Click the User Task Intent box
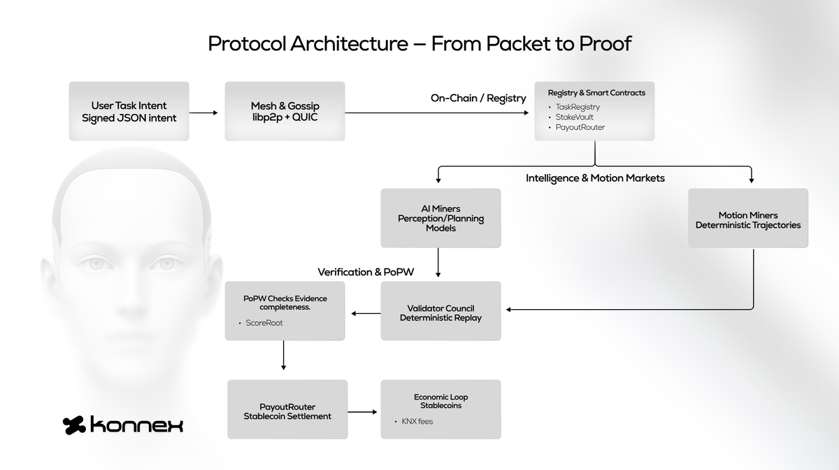[x=129, y=111]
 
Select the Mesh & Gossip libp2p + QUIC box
[x=285, y=111]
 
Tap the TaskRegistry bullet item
[x=578, y=107]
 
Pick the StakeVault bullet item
[x=575, y=117]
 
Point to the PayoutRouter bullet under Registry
[x=580, y=127]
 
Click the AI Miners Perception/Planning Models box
[x=440, y=218]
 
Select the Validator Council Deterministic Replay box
[x=440, y=312]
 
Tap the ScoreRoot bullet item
[x=264, y=323]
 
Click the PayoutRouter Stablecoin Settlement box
[x=287, y=411]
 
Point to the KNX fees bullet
[x=417, y=421]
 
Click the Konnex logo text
[x=136, y=425]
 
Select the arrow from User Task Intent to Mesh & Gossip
[x=203, y=112]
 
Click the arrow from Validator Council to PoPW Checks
[x=362, y=313]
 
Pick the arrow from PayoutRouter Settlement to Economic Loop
[x=363, y=412]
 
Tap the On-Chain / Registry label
[x=478, y=99]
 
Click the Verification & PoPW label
[x=364, y=272]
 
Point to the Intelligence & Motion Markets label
[x=595, y=178]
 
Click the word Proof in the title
[x=605, y=43]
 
